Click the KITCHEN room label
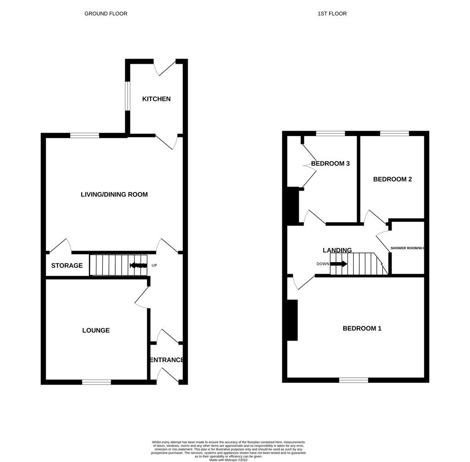pyautogui.click(x=156, y=99)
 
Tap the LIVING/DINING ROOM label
pyautogui.click(x=114, y=194)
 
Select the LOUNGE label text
pyautogui.click(x=96, y=330)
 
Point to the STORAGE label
pyautogui.click(x=67, y=266)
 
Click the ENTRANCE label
pyautogui.click(x=167, y=360)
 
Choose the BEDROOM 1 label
pyautogui.click(x=362, y=329)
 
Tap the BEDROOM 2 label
pyautogui.click(x=392, y=179)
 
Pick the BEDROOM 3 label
pyautogui.click(x=330, y=164)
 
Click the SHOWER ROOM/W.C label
pyautogui.click(x=407, y=248)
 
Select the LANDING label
pyautogui.click(x=337, y=250)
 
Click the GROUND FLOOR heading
pyautogui.click(x=106, y=14)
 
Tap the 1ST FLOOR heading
pyautogui.click(x=332, y=14)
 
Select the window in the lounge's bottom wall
pyautogui.click(x=96, y=382)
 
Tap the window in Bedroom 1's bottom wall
pyautogui.click(x=353, y=380)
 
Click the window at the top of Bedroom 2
pyautogui.click(x=394, y=133)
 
